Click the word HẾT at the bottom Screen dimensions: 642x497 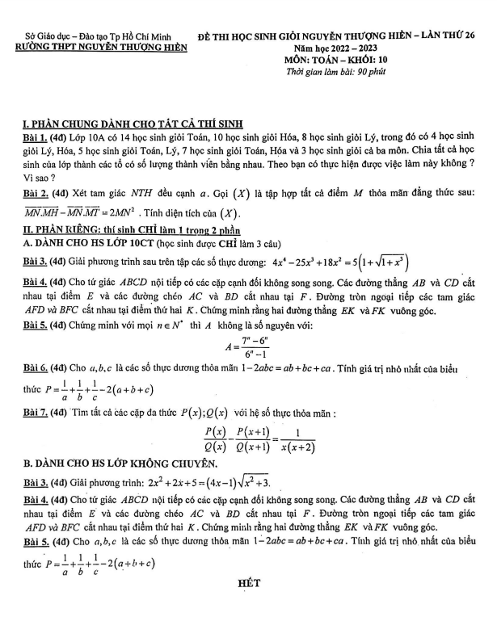[x=246, y=582]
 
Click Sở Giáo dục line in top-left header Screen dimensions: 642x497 [x=102, y=37]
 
